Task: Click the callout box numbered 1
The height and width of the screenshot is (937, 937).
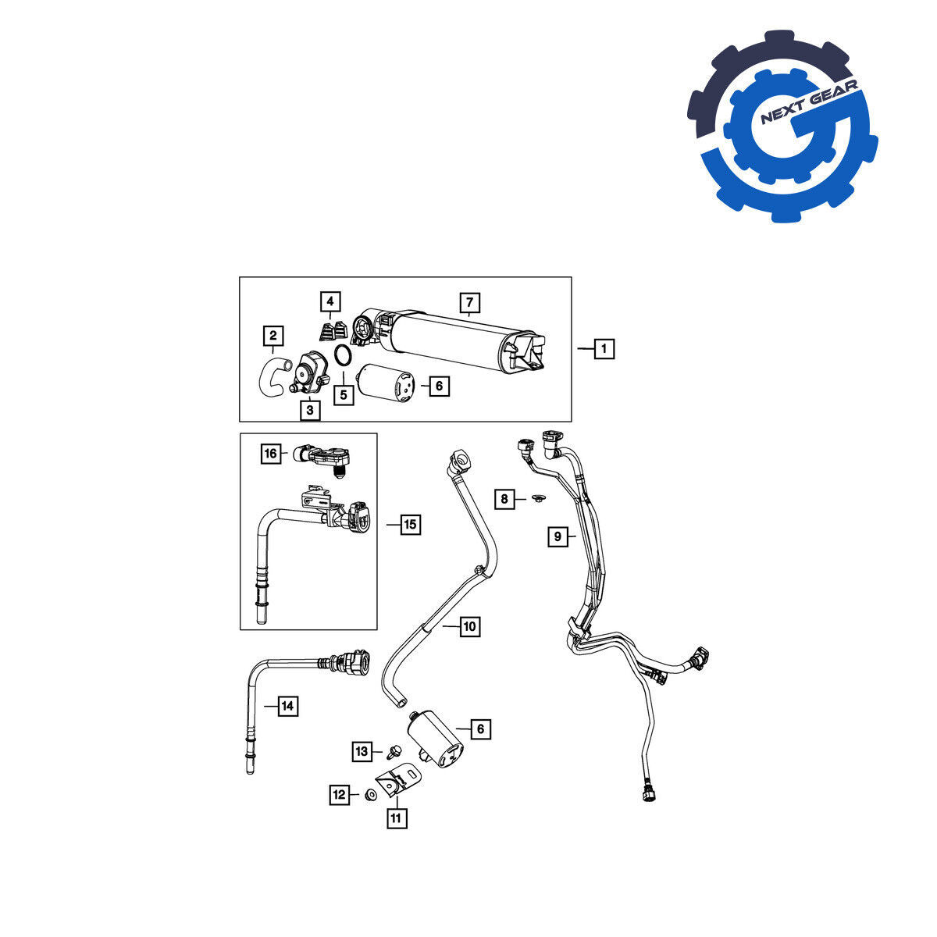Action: point(604,348)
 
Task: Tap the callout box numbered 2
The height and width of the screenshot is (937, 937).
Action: point(273,336)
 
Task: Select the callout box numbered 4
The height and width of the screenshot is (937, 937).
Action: point(330,302)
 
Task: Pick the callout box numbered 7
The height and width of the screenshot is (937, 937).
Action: point(470,303)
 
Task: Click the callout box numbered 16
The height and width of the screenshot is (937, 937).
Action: point(271,454)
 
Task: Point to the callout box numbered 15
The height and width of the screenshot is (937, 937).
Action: point(411,525)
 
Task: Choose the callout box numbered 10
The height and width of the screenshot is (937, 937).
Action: point(470,626)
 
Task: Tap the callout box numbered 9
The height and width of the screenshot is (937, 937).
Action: point(558,536)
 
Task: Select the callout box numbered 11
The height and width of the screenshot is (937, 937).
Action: point(397,818)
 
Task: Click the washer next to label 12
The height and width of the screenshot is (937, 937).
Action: point(371,795)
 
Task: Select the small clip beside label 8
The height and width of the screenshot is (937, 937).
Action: point(538,498)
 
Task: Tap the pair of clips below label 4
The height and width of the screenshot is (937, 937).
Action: point(333,330)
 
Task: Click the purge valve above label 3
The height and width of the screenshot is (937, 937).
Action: point(308,373)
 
